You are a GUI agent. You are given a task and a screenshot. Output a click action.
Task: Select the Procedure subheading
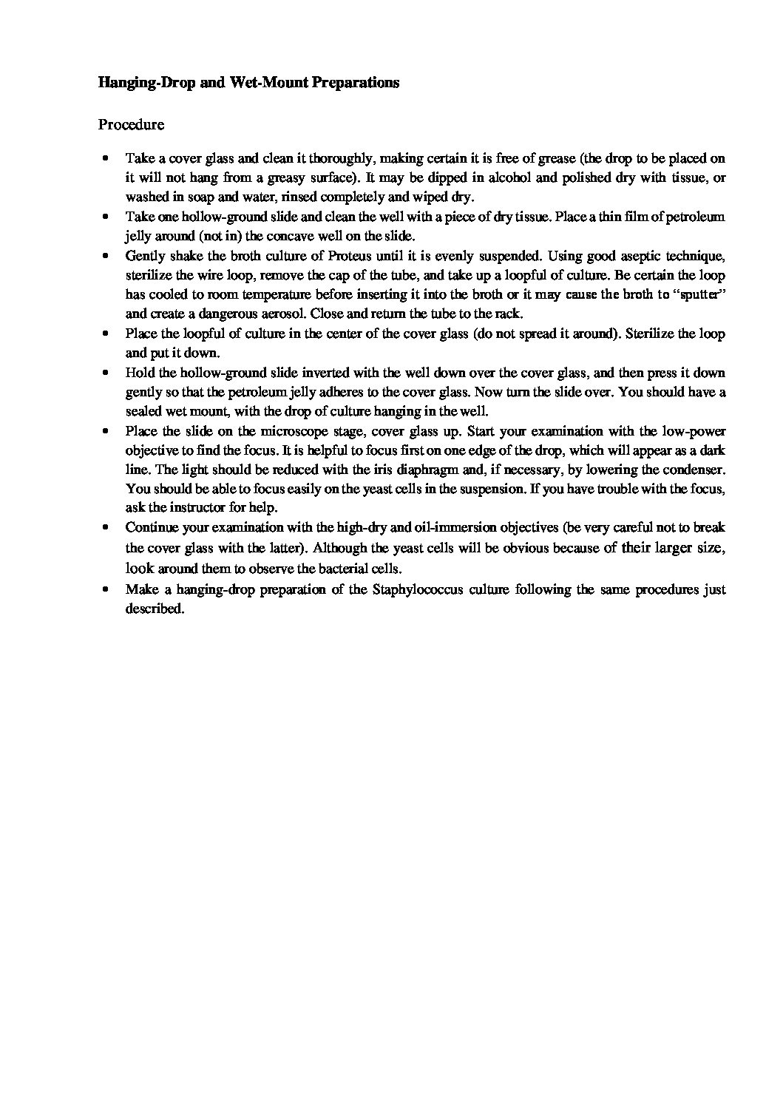pos(131,124)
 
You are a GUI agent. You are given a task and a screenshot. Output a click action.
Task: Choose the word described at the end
pos(154,609)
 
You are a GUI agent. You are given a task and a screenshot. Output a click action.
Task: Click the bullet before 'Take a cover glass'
pos(108,158)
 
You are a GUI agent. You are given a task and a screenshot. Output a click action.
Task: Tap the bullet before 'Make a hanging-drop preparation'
pos(108,589)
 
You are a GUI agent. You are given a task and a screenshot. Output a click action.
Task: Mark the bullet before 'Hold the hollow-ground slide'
pos(108,373)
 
